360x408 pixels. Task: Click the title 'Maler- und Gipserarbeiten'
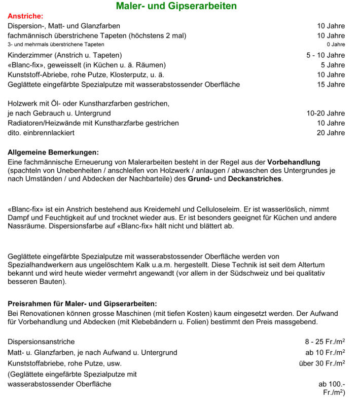[176, 7]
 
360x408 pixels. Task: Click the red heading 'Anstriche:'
[25, 16]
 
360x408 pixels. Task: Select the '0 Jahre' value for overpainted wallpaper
[335, 45]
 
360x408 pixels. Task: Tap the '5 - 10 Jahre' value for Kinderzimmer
[326, 55]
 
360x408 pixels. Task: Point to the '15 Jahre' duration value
[331, 85]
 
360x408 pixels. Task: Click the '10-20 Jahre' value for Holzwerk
[326, 114]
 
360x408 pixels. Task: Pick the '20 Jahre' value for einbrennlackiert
[331, 133]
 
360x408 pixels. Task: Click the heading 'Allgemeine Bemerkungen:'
[53, 152]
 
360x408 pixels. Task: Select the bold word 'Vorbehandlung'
[294, 162]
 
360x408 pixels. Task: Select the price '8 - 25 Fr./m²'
[321, 342]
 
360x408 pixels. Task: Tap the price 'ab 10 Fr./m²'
[325, 352]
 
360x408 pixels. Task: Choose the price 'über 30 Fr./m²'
[322, 363]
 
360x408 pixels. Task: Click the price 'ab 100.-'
[332, 384]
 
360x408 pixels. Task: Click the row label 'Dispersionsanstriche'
[41, 342]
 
